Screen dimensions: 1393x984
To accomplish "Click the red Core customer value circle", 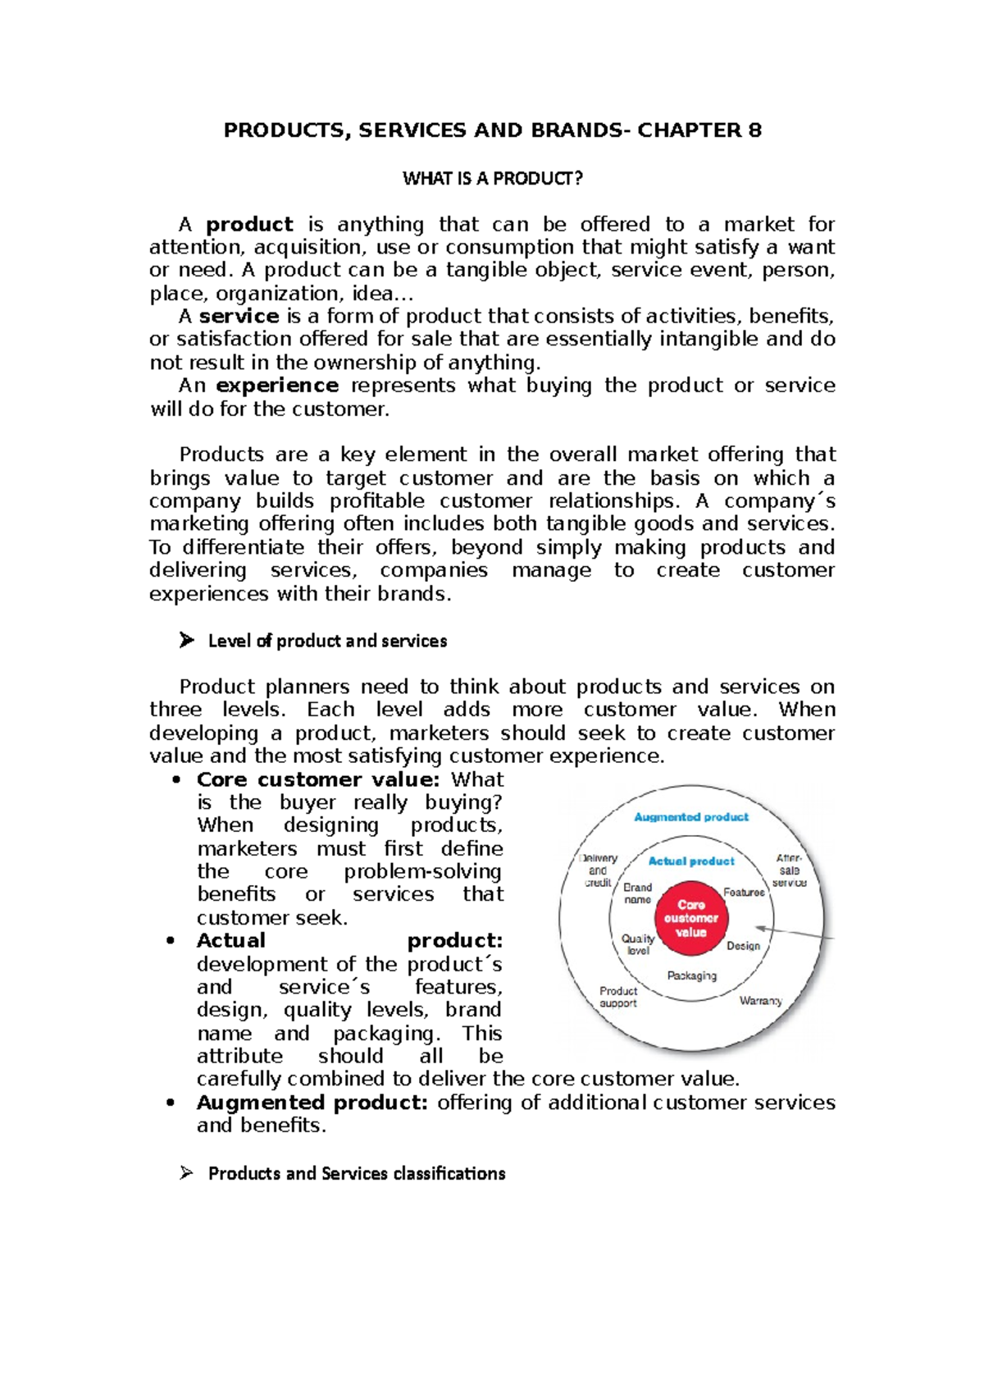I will click(x=690, y=918).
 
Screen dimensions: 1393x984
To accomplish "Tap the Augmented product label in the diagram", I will click(x=690, y=817).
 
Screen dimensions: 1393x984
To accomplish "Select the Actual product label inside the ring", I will click(x=690, y=861).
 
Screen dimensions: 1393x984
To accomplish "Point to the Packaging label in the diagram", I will click(x=691, y=975).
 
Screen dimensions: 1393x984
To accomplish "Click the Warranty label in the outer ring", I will click(x=760, y=1001).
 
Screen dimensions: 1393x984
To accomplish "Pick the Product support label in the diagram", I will click(x=617, y=997).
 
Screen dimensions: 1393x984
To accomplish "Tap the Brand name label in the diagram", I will click(x=637, y=893).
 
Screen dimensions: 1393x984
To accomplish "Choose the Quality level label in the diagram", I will click(x=638, y=944).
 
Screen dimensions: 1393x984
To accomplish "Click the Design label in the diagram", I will click(x=743, y=946).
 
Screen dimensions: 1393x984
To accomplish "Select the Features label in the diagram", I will click(x=743, y=893).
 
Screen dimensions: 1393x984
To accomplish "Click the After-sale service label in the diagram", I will click(x=789, y=870).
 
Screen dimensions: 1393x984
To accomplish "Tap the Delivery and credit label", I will click(x=599, y=870).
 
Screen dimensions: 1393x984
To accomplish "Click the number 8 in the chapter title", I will click(x=754, y=130).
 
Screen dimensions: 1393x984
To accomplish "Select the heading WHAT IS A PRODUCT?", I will click(x=492, y=179).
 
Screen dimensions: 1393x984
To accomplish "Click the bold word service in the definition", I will click(x=239, y=317).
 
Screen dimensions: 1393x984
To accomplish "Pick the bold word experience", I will click(x=276, y=386).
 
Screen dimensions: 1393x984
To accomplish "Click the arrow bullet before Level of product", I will click(x=186, y=641).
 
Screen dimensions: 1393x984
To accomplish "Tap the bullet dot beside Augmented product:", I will click(x=171, y=1103).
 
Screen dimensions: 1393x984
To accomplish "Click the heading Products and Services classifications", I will click(x=356, y=1174).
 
